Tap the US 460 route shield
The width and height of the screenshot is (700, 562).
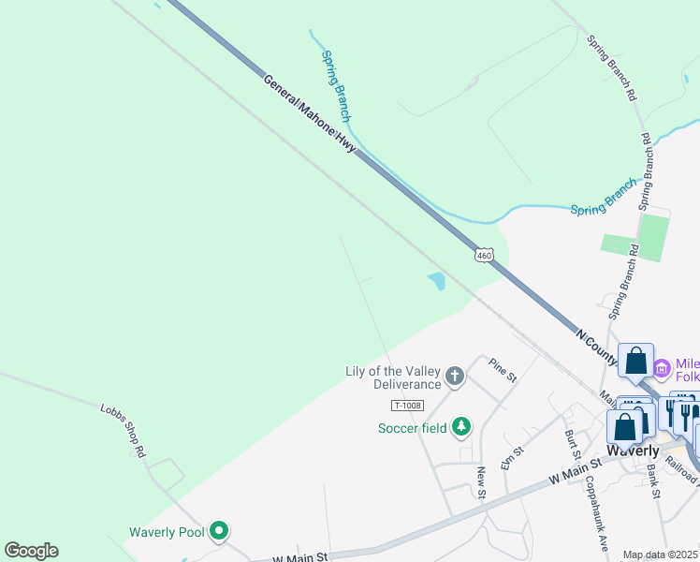pos(483,255)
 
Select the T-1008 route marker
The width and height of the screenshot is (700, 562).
pos(407,405)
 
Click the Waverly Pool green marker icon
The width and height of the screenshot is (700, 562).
pos(219,532)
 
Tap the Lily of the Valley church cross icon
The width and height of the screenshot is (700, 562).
pos(455,377)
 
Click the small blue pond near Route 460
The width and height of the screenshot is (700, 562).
pos(436,280)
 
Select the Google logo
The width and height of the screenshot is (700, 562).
pos(31,551)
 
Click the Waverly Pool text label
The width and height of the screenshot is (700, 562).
pos(166,532)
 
